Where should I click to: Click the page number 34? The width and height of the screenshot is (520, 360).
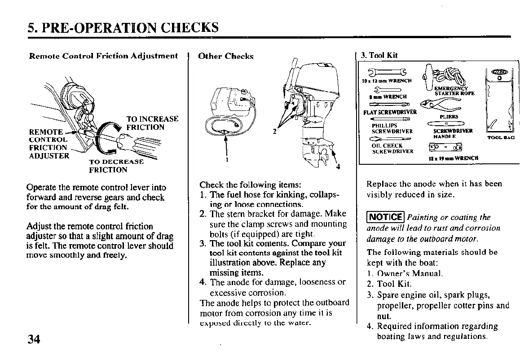click(x=34, y=339)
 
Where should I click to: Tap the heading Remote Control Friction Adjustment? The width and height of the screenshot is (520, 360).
click(x=104, y=56)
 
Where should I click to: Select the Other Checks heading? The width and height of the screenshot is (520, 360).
click(x=226, y=56)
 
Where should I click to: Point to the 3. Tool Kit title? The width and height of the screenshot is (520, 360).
click(x=379, y=55)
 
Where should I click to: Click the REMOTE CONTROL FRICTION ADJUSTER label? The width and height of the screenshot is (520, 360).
click(x=48, y=144)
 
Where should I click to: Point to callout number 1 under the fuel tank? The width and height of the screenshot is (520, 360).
click(x=227, y=159)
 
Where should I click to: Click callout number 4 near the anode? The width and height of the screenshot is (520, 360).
click(x=338, y=167)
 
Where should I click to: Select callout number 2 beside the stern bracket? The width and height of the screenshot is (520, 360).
click(x=274, y=132)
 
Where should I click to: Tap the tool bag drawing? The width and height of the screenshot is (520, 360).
click(x=500, y=101)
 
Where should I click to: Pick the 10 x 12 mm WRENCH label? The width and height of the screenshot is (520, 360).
click(x=387, y=81)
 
